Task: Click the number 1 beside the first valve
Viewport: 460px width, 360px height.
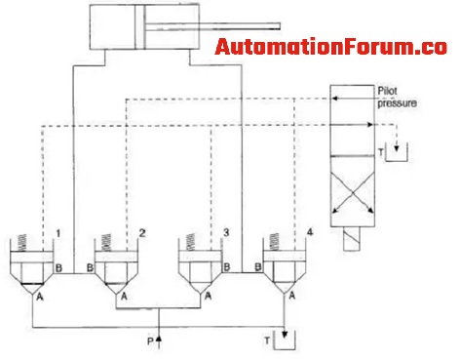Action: tap(58, 233)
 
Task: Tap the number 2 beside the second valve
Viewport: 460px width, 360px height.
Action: tap(142, 233)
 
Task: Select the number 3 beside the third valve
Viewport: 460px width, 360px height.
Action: tap(226, 232)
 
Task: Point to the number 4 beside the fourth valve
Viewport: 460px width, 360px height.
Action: tap(310, 232)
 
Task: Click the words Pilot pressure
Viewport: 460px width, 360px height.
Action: tap(397, 97)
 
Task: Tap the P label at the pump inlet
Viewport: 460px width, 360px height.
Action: tap(150, 341)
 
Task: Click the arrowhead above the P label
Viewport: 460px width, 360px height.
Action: tap(159, 339)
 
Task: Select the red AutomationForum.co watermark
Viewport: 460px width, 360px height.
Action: tap(330, 47)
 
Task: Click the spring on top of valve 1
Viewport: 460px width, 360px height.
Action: tap(22, 242)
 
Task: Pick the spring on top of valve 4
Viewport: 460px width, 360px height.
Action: tap(275, 242)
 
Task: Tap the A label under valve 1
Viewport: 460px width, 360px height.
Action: tap(40, 297)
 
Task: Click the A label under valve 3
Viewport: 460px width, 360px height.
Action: tap(209, 296)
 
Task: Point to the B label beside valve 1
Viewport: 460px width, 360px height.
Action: tap(58, 268)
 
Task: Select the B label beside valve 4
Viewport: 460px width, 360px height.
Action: tap(258, 267)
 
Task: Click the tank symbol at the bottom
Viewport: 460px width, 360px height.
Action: tap(285, 340)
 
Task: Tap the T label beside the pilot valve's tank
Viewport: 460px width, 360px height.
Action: tap(381, 152)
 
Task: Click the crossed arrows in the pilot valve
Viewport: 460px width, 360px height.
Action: tap(353, 193)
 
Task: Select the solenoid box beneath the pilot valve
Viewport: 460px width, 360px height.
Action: tap(352, 239)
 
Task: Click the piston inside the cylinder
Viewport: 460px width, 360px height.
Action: tap(140, 26)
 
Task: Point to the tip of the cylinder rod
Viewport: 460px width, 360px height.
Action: tap(280, 26)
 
